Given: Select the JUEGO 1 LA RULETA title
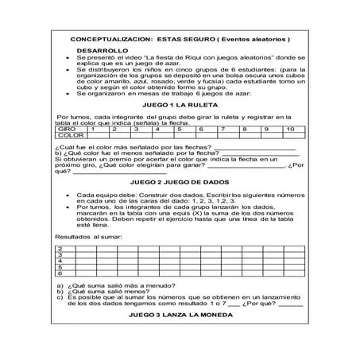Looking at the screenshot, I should click(x=180, y=104).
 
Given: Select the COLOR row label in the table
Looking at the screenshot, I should click(x=70, y=135).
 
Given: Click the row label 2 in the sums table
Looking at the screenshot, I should click(x=61, y=249).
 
